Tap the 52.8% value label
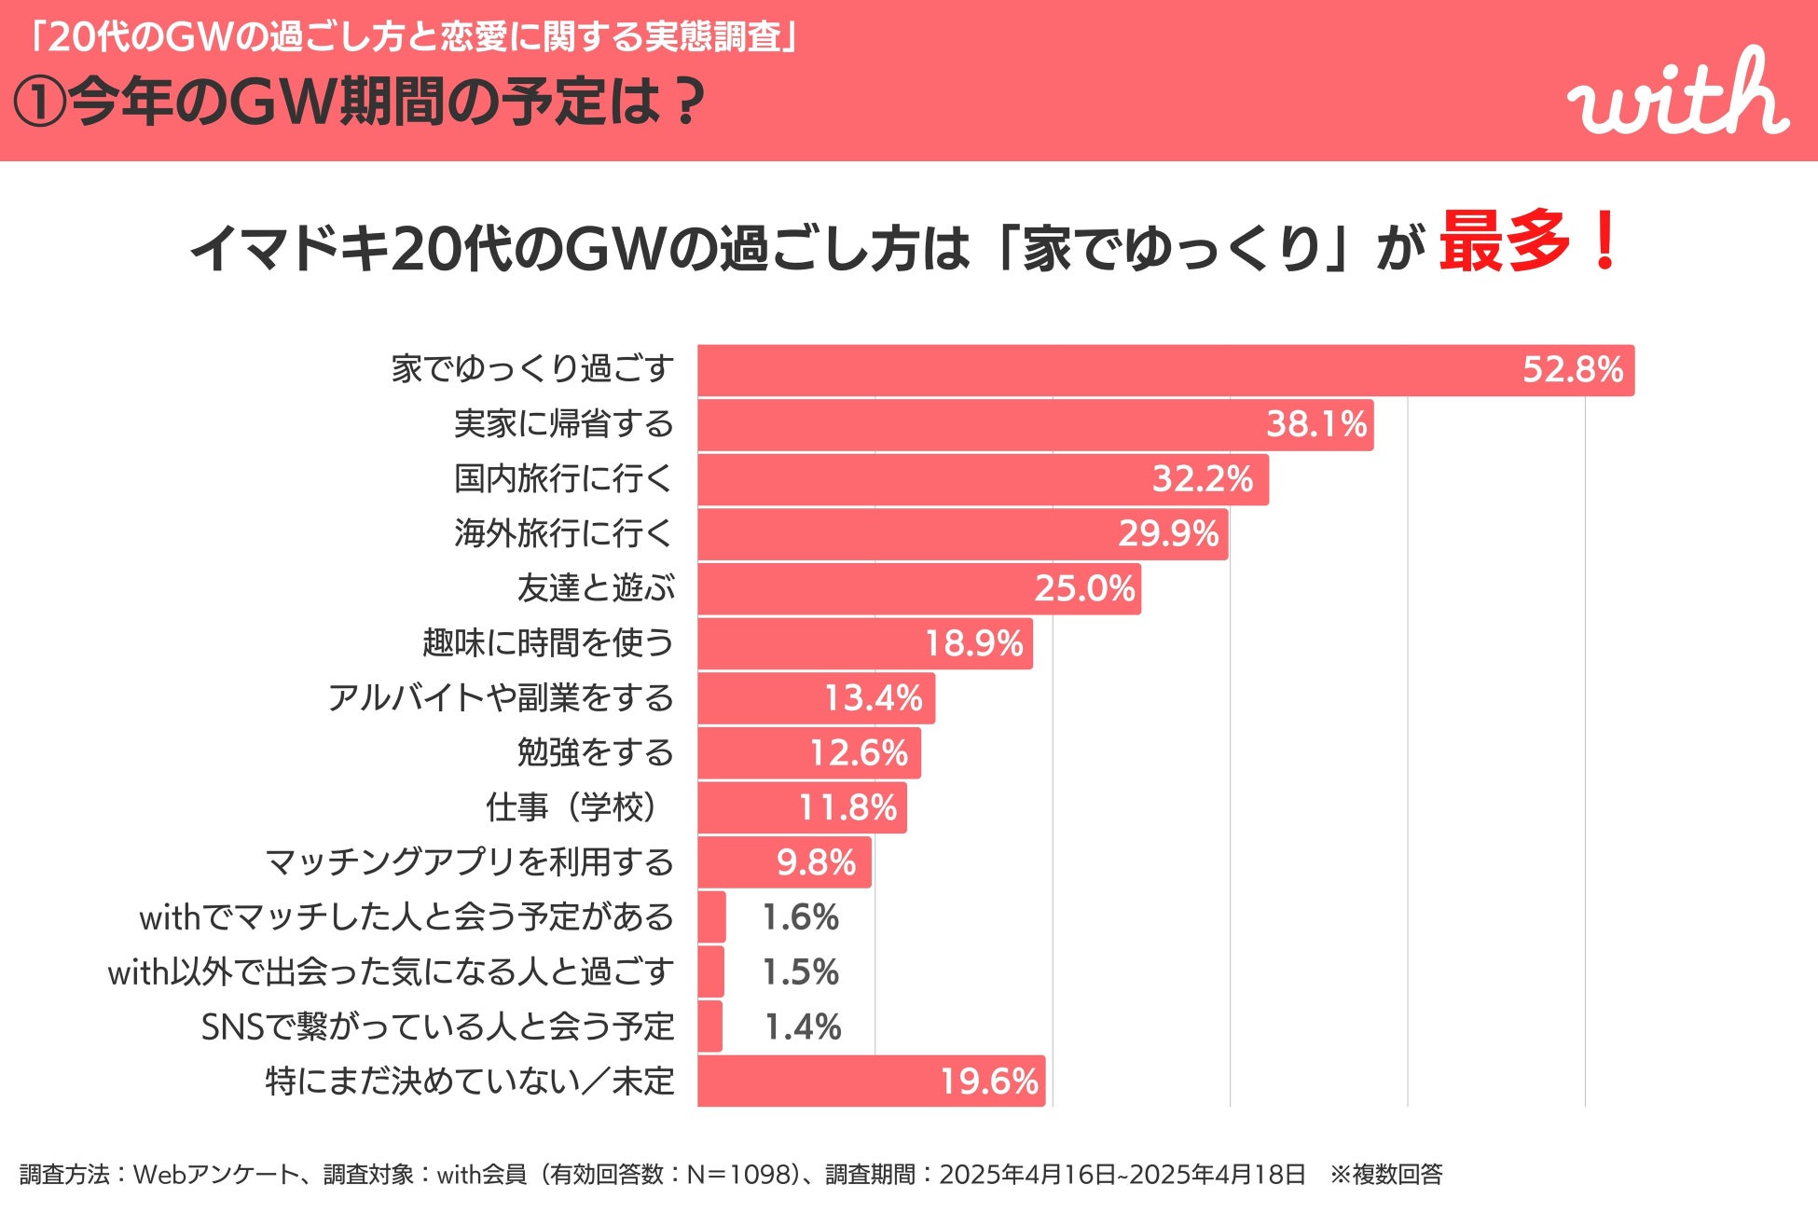1573,370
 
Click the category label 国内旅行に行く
563,479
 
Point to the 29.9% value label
1168,534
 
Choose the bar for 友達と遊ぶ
918,589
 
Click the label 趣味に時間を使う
547,643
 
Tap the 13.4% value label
873,698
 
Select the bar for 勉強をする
808,753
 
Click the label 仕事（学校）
572,807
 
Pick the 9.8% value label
816,862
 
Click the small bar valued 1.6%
711,917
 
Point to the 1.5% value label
800,972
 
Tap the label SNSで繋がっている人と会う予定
437,1027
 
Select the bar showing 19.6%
871,1081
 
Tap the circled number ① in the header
39,103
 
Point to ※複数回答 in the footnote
1386,1175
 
